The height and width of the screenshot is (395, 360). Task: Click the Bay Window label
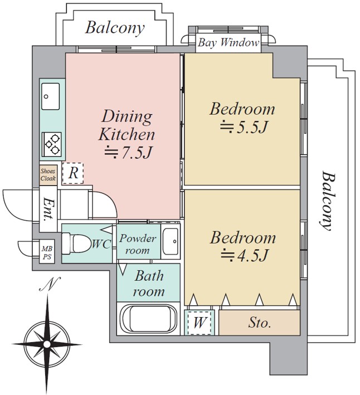click(x=228, y=42)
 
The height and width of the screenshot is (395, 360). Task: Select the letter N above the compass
click(x=49, y=286)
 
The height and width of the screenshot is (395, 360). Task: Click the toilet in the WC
click(x=75, y=243)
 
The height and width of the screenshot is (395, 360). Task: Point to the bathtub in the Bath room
click(x=148, y=319)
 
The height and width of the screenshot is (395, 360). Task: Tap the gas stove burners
click(x=53, y=143)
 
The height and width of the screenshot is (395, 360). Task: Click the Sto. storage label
click(x=259, y=323)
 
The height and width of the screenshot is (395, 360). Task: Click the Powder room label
click(x=138, y=244)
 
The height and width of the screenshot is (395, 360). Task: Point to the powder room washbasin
click(x=171, y=242)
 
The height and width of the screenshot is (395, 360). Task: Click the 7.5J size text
click(x=128, y=151)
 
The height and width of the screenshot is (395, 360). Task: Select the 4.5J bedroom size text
click(x=245, y=256)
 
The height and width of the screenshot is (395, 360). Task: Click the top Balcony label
click(x=115, y=27)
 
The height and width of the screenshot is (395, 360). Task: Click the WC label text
click(x=101, y=243)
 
